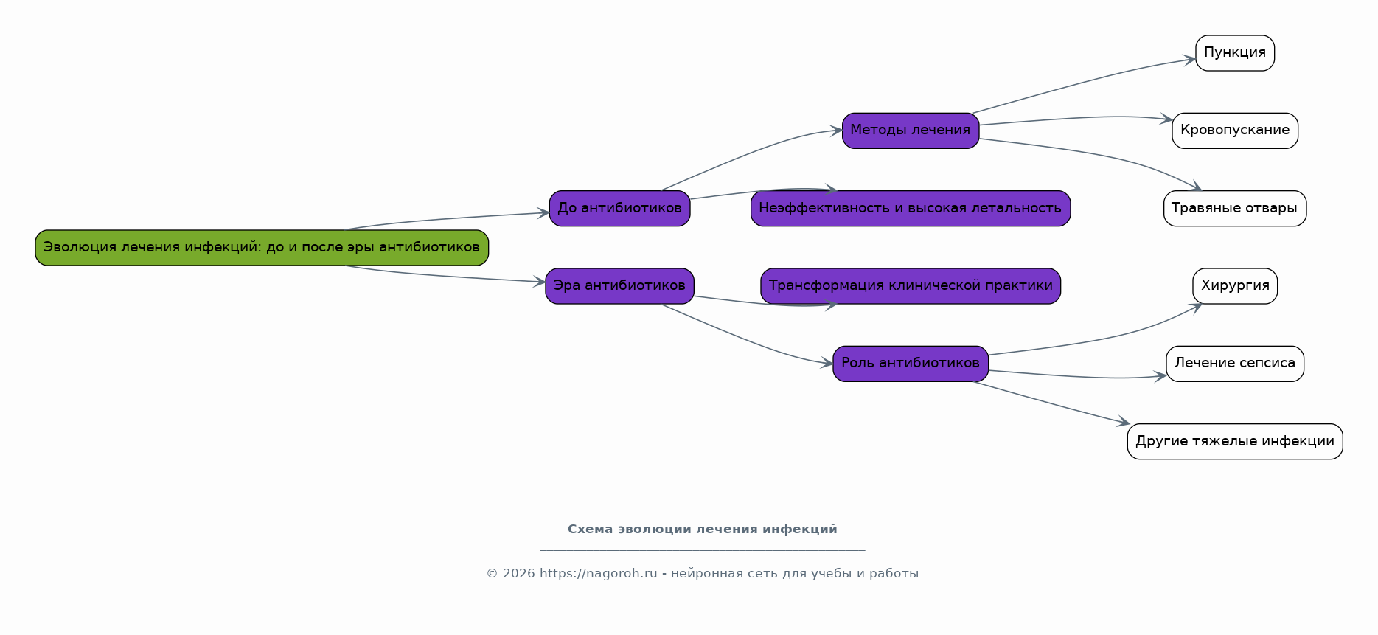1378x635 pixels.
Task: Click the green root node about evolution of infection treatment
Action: point(262,248)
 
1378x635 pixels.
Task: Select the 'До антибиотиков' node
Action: point(619,209)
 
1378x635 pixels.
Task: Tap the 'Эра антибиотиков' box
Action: point(619,286)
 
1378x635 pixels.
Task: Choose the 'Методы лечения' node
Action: point(911,131)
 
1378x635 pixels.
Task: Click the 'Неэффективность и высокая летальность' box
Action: point(911,209)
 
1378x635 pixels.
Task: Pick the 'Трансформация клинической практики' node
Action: point(911,286)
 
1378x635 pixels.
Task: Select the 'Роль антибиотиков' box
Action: point(911,364)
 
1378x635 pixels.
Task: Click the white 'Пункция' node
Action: point(1235,53)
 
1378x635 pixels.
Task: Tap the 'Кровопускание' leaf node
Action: point(1235,131)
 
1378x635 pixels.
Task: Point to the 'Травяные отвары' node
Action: point(1235,209)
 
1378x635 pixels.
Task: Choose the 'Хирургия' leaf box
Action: point(1235,286)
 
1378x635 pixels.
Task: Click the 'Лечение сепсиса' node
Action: point(1235,364)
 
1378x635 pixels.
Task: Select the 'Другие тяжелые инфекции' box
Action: point(1235,442)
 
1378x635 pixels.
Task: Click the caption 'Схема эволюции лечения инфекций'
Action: point(703,530)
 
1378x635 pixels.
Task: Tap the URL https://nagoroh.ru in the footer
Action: point(598,574)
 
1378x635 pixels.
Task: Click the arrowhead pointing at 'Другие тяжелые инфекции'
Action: point(1124,422)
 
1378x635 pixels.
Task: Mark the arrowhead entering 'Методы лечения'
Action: point(836,131)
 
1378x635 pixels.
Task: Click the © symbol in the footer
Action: point(492,574)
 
